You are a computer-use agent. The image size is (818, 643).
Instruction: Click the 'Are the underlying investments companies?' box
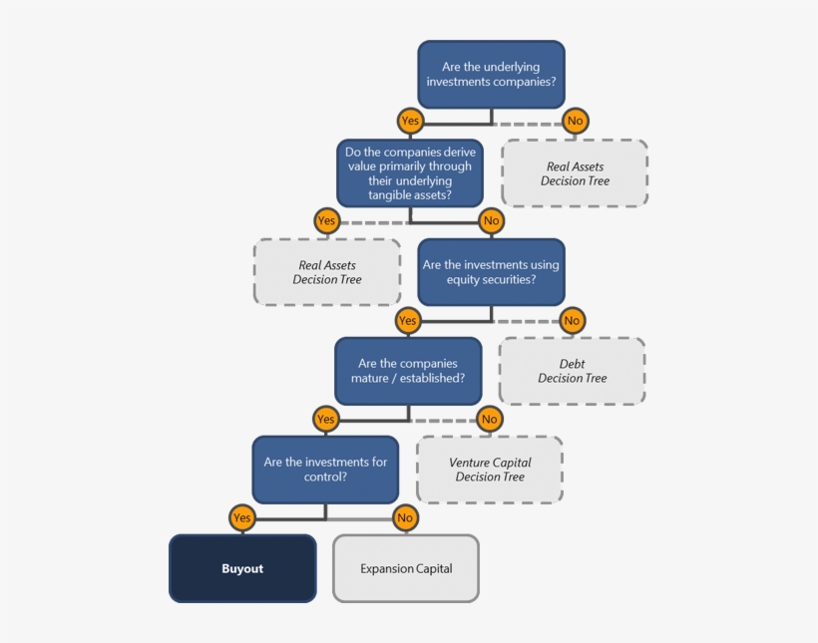(491, 75)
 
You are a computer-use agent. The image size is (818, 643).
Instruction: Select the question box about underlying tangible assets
(410, 172)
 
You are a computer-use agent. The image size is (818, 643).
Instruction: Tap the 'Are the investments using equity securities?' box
(491, 272)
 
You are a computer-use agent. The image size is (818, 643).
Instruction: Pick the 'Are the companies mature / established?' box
(408, 371)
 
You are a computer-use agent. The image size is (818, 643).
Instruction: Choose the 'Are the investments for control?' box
(325, 470)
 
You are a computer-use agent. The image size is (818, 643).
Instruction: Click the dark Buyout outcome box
(242, 568)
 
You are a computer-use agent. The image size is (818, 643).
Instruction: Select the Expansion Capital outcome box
(406, 568)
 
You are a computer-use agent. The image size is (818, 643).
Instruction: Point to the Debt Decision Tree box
(573, 371)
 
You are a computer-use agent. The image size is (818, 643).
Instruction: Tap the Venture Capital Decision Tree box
(490, 470)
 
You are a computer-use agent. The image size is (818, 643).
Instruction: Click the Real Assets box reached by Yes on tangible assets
(327, 272)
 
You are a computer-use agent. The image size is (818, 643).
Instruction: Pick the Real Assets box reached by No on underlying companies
(575, 173)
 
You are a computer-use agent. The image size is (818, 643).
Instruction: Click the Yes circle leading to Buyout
(242, 517)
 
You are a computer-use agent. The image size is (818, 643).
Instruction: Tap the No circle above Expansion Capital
(405, 517)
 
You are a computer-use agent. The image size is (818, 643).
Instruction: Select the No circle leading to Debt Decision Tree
(572, 320)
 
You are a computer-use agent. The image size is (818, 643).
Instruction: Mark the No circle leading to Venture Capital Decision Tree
(489, 419)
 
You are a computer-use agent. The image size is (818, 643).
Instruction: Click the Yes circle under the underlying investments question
(410, 121)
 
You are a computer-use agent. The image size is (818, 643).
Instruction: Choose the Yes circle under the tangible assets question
(326, 220)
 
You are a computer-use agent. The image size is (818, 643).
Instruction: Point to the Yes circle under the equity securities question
(407, 320)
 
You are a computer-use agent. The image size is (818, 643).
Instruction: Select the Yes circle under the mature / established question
(325, 419)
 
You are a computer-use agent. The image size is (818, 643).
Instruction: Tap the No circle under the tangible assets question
(491, 220)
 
